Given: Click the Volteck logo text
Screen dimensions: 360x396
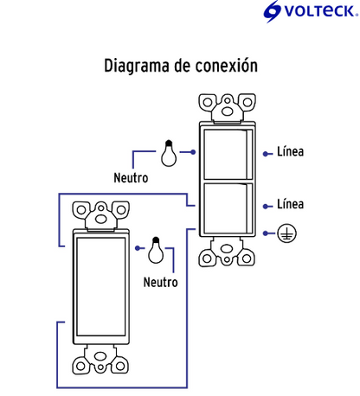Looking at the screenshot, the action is click(320, 11).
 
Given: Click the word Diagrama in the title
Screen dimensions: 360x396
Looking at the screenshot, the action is click(137, 66).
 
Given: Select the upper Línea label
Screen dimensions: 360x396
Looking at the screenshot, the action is click(290, 151).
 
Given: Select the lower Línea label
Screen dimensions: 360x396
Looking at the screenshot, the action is click(290, 204).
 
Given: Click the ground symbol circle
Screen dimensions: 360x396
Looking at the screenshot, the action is click(286, 233).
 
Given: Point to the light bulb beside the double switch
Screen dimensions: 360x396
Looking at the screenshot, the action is click(169, 153).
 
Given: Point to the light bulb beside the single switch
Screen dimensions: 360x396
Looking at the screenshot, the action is click(156, 250).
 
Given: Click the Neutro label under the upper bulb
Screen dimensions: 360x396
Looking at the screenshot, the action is click(131, 178).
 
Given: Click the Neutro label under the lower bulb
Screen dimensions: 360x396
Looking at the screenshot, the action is click(161, 282).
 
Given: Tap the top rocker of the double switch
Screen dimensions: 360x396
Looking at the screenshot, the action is click(225, 154).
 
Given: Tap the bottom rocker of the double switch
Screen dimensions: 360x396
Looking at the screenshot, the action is click(225, 208).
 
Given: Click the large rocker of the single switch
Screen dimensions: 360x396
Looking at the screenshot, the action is click(101, 287).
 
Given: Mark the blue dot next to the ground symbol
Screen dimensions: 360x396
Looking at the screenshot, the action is click(266, 233).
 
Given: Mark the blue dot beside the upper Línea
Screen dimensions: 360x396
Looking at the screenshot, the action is click(266, 154).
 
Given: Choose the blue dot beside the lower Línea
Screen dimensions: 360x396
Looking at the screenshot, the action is click(266, 207).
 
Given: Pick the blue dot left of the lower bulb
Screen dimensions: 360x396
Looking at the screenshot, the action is click(138, 248).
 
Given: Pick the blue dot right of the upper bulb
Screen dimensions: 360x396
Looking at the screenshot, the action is click(193, 152).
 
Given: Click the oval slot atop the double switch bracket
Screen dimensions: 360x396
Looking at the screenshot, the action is click(228, 112).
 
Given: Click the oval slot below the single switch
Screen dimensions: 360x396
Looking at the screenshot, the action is click(100, 356).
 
